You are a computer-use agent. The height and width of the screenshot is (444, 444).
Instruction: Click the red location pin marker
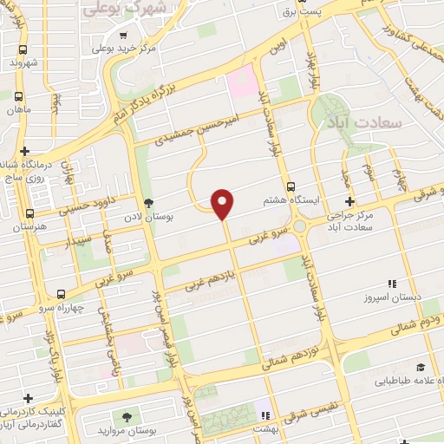(x=223, y=203)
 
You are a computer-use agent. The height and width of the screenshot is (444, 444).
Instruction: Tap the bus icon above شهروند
(x=22, y=49)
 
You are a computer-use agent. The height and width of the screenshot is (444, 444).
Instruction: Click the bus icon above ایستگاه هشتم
(x=291, y=186)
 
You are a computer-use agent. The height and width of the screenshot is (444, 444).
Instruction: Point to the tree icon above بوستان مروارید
(x=127, y=417)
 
